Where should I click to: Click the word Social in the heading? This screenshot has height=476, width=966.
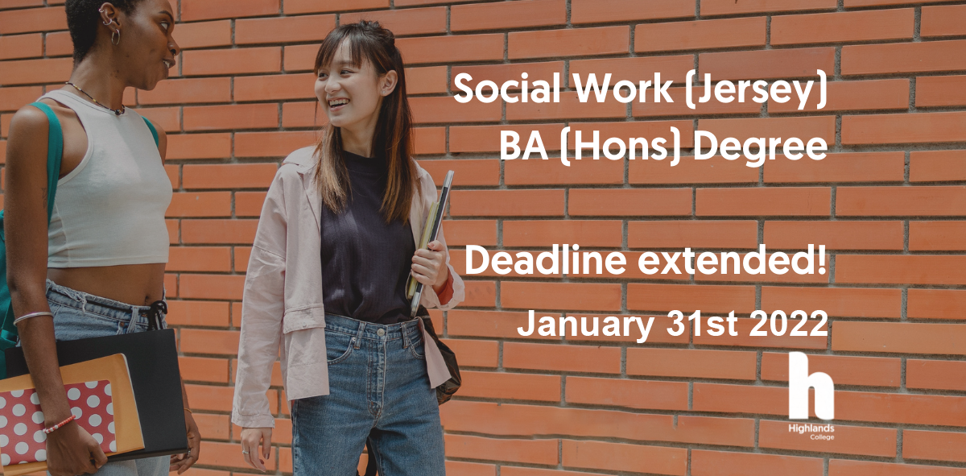click(506, 88)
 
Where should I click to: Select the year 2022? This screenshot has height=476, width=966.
click(788, 323)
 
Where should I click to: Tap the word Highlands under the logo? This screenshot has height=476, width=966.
click(811, 428)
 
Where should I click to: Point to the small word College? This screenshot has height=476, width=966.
click(822, 437)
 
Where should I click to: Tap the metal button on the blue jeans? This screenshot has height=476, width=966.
click(381, 333)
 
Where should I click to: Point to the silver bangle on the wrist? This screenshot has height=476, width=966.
click(33, 317)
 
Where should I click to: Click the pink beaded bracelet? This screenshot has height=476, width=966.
click(60, 424)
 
